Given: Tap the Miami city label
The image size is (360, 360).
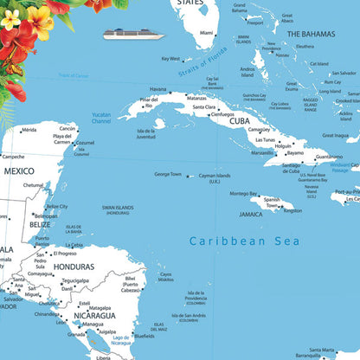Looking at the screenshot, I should [206, 34].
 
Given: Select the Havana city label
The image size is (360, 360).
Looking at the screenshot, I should [157, 89].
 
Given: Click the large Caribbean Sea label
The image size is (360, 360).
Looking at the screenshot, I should [241, 242].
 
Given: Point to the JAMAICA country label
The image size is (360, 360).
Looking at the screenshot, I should [251, 214].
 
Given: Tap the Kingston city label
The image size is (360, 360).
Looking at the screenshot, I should [292, 210].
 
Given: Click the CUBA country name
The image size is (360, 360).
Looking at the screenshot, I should [240, 122].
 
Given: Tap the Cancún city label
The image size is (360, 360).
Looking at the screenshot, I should [67, 128].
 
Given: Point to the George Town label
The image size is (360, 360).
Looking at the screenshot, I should [168, 174].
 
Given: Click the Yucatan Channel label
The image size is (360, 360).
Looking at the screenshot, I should [101, 118].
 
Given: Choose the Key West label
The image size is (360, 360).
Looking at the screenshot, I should [170, 59].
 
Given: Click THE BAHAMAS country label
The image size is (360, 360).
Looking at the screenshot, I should [312, 34].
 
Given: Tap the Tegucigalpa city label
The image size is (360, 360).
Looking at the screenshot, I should [75, 280].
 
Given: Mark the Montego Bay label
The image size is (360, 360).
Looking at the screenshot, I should [243, 194].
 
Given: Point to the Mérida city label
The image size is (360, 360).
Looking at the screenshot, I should [29, 130].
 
